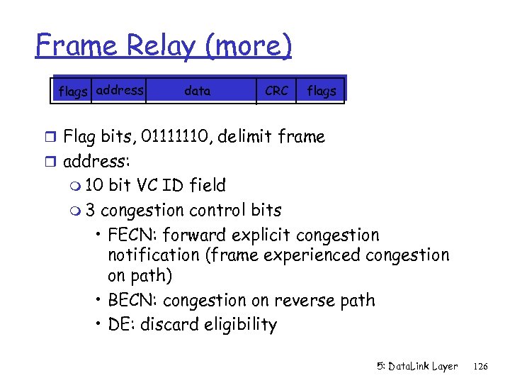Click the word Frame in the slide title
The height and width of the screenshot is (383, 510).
click(x=76, y=45)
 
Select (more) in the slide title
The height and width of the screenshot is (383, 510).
click(x=247, y=47)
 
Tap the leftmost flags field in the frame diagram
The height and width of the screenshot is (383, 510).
click(x=74, y=91)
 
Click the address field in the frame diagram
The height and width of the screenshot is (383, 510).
click(x=119, y=90)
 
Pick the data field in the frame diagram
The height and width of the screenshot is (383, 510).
click(x=197, y=91)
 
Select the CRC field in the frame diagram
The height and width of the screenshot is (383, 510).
click(x=276, y=91)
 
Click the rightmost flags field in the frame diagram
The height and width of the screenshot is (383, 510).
click(x=321, y=91)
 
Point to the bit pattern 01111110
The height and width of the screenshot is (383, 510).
click(x=176, y=136)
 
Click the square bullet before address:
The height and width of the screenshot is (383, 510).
click(x=52, y=162)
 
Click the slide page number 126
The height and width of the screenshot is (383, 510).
click(x=481, y=367)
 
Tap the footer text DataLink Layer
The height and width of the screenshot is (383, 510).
click(x=424, y=367)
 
